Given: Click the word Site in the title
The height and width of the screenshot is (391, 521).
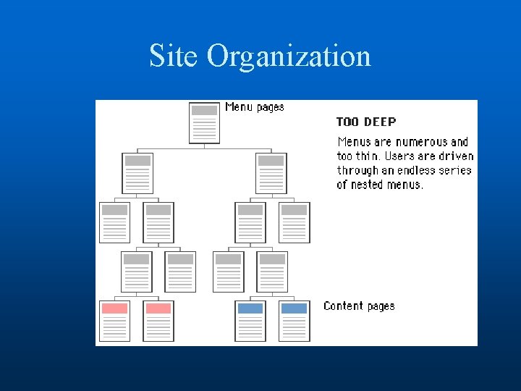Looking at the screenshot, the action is click(x=174, y=56).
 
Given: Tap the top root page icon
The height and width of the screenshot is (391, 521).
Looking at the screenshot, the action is click(x=204, y=122).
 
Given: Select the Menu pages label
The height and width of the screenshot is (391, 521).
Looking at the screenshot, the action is click(x=255, y=107).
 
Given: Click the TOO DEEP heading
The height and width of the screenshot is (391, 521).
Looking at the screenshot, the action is click(x=366, y=122).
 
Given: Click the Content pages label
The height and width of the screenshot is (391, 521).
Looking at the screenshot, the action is click(x=359, y=306).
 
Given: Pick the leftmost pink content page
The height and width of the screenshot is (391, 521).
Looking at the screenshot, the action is click(x=114, y=320).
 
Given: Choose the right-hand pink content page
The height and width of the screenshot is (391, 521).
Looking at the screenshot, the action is click(x=158, y=320).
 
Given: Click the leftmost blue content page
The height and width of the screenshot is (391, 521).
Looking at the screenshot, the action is click(x=250, y=320).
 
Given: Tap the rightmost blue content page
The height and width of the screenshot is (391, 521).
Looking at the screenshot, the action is click(x=294, y=320).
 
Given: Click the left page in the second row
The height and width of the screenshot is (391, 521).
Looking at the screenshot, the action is click(x=137, y=173).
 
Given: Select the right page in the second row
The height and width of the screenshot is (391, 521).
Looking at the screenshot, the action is click(x=271, y=173).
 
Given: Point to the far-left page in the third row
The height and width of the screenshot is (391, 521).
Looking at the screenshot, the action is click(x=114, y=222).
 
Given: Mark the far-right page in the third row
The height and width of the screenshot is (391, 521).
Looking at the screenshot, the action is click(x=294, y=222).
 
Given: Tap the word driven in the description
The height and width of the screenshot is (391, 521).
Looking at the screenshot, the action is click(x=457, y=156).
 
